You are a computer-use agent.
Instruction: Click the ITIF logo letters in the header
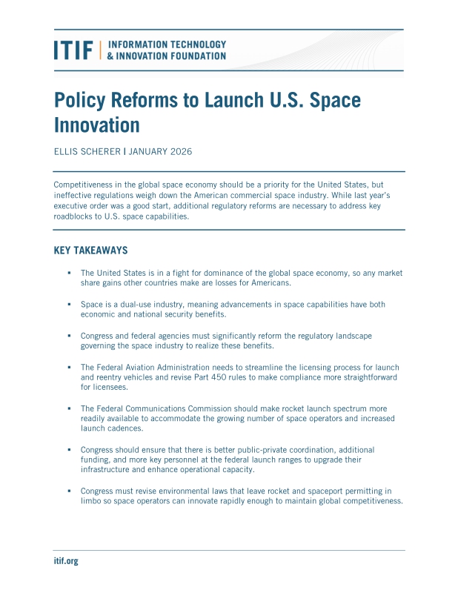coord(73,50)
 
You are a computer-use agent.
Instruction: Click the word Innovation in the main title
coord(97,123)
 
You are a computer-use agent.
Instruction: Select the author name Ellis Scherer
coord(87,151)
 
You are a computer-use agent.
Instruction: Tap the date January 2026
coord(161,151)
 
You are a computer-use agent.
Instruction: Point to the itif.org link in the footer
coord(66,561)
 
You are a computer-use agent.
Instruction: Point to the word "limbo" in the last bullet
coord(92,501)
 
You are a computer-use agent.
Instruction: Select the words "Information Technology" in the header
coord(167,45)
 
